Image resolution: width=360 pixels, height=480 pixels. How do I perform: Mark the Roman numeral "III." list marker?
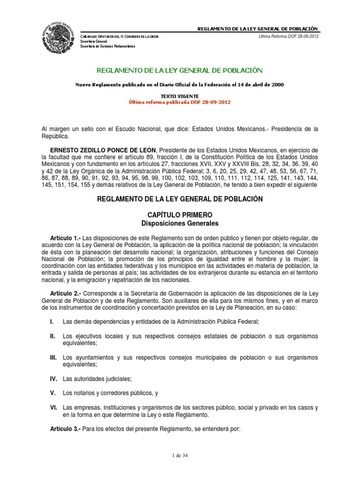click(53, 384)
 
